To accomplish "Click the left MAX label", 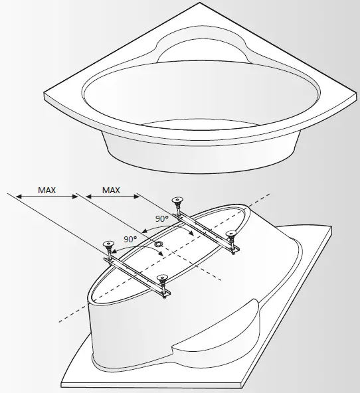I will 46,190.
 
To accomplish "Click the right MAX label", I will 110,190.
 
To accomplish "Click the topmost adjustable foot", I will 177,202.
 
